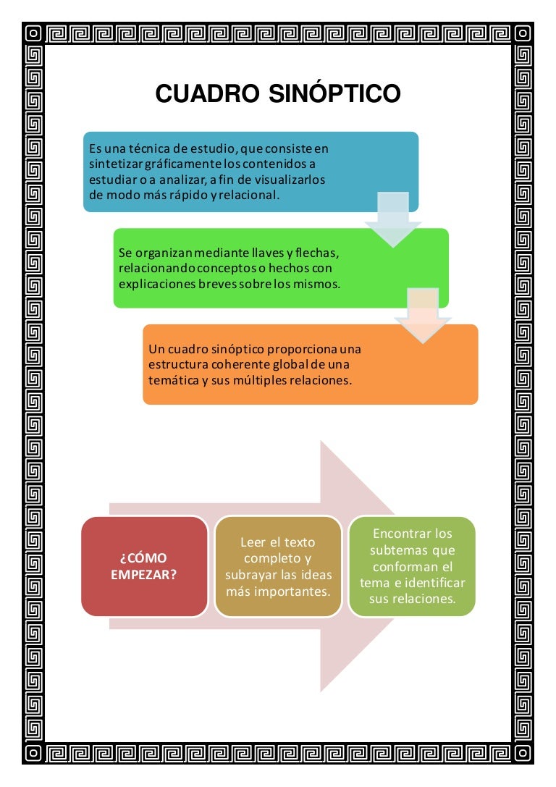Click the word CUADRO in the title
click(x=208, y=93)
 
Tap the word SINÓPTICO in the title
click(x=334, y=93)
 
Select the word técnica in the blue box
click(x=150, y=148)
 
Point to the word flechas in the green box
click(x=317, y=253)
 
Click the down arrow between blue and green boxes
click(x=393, y=219)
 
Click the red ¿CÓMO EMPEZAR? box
click(x=145, y=567)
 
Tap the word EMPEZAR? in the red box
click(x=144, y=575)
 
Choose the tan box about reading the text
click(x=278, y=567)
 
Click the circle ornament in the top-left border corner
click(x=33, y=33)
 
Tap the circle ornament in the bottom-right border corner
click(x=523, y=753)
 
